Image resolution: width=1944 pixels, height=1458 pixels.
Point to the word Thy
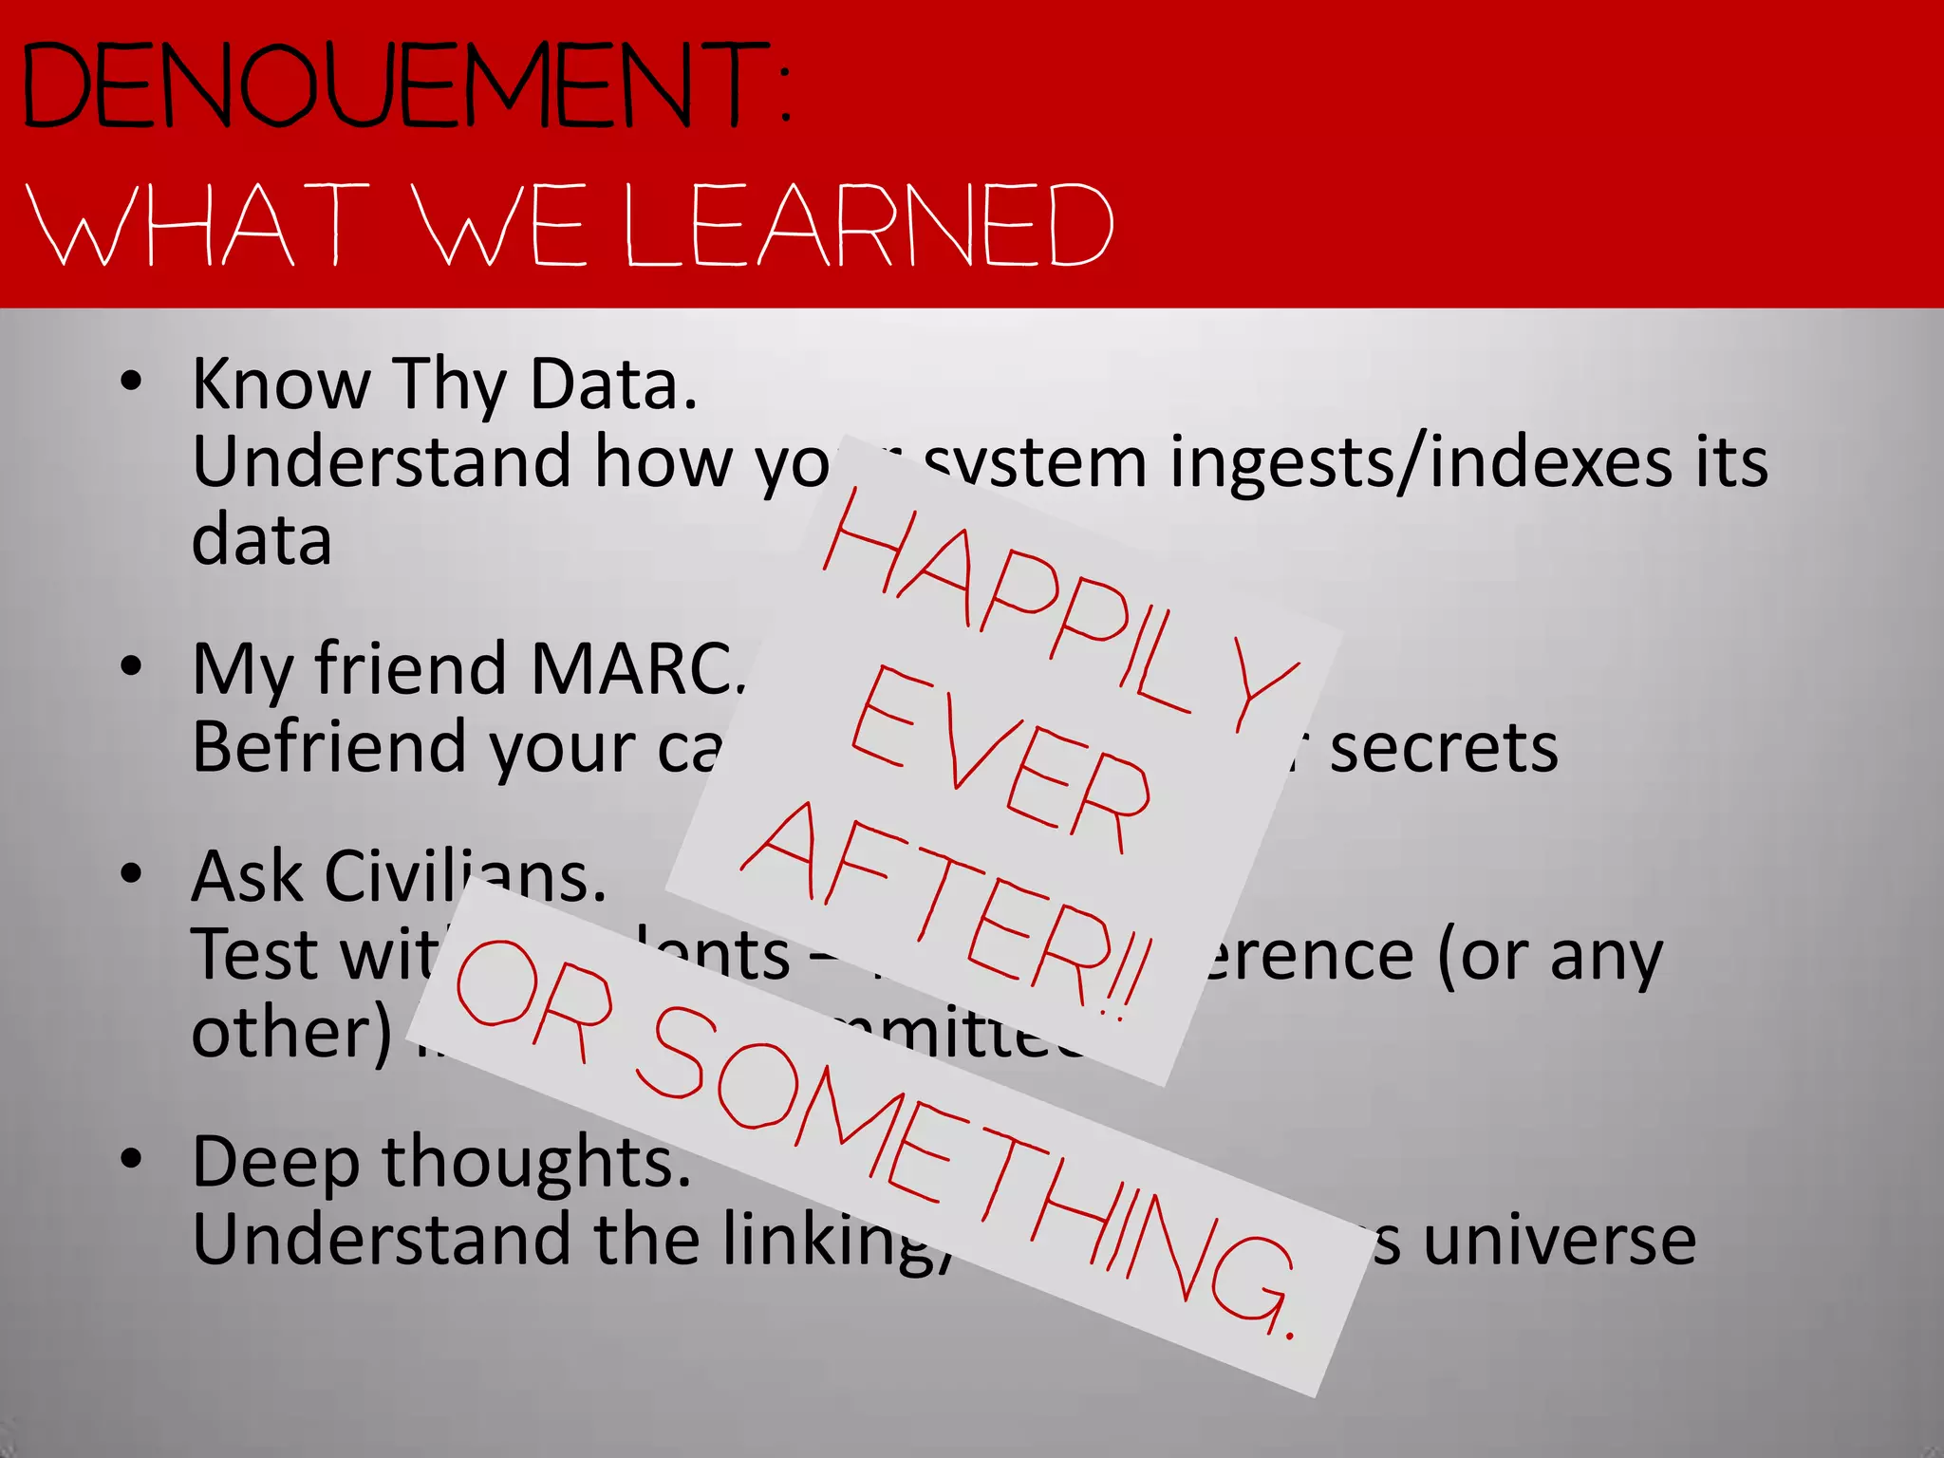click(449, 384)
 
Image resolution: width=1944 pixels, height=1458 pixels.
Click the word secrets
click(1443, 748)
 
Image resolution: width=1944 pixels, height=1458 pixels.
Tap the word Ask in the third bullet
click(247, 876)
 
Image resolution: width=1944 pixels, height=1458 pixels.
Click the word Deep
click(275, 1164)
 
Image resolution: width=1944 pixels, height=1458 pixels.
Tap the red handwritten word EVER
click(997, 759)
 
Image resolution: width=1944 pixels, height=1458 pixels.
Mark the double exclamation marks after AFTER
click(1130, 978)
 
